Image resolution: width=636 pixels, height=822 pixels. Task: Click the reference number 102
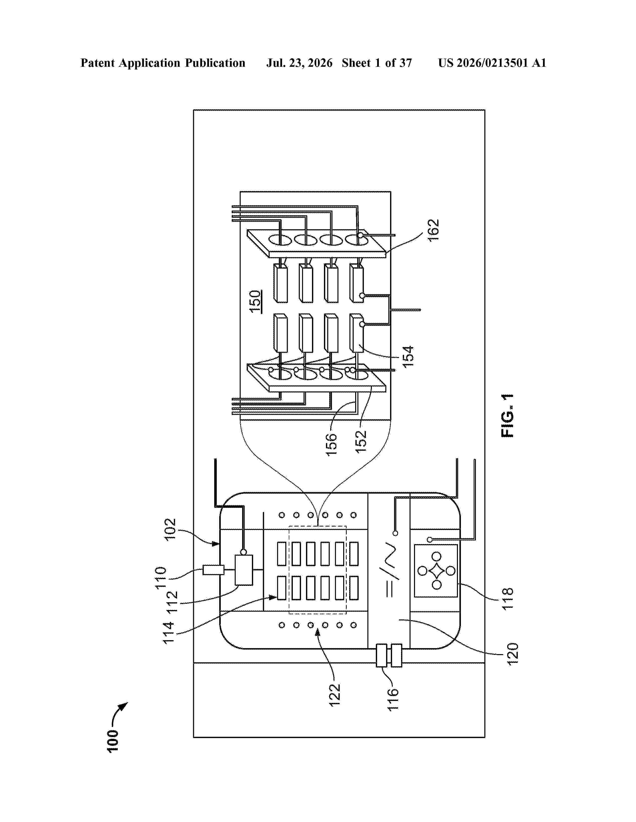(x=170, y=529)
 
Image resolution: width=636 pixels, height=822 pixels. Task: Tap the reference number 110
(x=161, y=578)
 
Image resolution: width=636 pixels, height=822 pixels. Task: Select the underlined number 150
(x=255, y=301)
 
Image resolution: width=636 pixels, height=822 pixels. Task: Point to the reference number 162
(x=433, y=230)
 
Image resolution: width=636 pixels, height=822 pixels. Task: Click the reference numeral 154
(x=408, y=356)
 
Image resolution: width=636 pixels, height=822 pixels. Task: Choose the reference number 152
(x=361, y=441)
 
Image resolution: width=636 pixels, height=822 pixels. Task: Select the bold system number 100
(x=113, y=742)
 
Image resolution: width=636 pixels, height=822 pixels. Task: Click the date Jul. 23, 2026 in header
(x=300, y=63)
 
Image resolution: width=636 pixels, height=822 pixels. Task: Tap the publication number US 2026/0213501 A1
(x=492, y=63)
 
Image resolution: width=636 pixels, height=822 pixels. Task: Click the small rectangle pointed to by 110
(x=214, y=570)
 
